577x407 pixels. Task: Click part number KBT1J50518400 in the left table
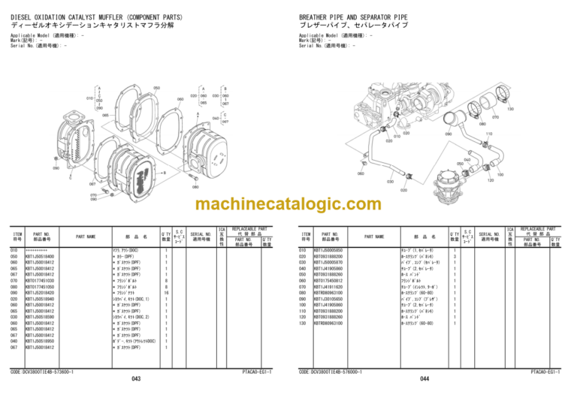point(39,256)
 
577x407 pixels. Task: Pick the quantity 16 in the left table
point(165,292)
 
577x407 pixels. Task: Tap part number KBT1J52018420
point(39,292)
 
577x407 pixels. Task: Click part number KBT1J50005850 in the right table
point(328,250)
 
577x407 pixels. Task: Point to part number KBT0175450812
point(328,280)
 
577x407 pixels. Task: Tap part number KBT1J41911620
point(328,286)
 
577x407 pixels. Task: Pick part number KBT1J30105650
point(328,298)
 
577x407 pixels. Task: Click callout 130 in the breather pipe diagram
point(510,110)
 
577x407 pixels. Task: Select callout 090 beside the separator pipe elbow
point(448,134)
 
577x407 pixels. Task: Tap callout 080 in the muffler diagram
point(195,187)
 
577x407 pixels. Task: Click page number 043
point(136,378)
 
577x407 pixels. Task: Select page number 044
point(424,378)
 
